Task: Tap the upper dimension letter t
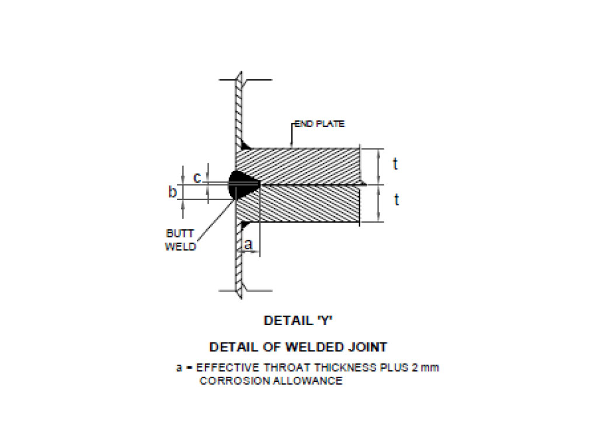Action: point(395,164)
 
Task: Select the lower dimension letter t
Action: point(396,200)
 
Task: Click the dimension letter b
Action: point(172,192)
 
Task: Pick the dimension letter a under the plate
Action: point(248,245)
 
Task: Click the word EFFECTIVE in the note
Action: point(224,368)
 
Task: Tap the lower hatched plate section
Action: point(304,204)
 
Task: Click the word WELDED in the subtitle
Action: point(312,347)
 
